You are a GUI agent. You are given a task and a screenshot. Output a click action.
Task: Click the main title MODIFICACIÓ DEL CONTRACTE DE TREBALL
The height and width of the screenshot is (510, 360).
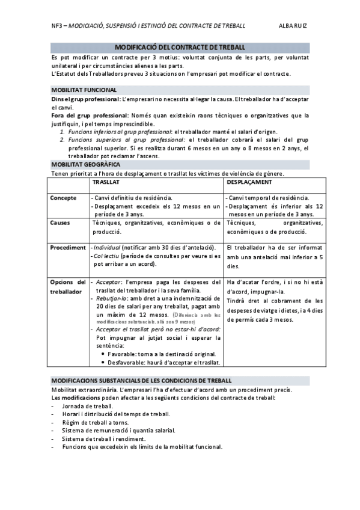click(x=180, y=47)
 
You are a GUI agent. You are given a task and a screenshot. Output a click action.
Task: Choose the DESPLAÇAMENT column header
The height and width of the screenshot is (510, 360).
click(x=250, y=182)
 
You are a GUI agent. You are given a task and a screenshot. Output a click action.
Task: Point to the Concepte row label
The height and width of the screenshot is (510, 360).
click(x=63, y=198)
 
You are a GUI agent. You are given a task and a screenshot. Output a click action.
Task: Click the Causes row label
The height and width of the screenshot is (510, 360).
click(x=59, y=223)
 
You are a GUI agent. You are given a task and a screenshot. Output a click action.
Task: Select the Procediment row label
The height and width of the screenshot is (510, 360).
click(x=67, y=247)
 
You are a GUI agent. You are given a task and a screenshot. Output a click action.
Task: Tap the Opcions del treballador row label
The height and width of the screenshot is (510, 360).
click(x=67, y=286)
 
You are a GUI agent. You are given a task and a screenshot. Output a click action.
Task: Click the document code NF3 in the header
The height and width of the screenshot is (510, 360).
click(x=56, y=26)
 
